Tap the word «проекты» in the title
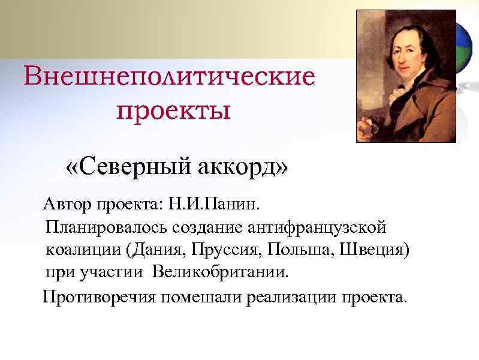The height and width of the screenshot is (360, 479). coord(173,110)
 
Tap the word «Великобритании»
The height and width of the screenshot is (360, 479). coord(221,272)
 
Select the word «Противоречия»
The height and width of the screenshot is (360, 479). coord(98,297)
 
